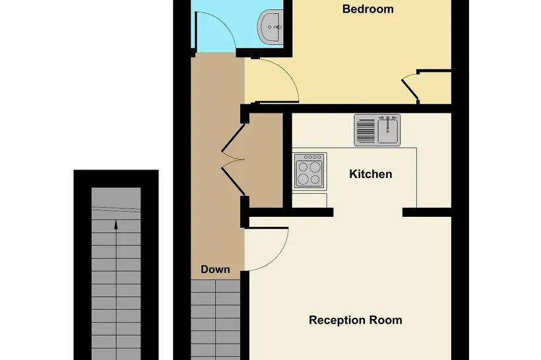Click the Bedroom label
[x=367, y=9]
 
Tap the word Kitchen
[x=371, y=174]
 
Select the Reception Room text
[x=356, y=320]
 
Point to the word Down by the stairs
[x=215, y=269]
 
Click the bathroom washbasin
[x=270, y=26]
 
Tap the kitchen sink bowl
[x=388, y=131]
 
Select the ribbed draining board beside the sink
[x=366, y=131]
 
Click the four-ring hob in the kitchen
[x=309, y=171]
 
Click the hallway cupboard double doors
[x=234, y=160]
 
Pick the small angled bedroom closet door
[x=410, y=88]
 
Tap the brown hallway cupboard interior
[x=264, y=160]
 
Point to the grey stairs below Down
[x=215, y=320]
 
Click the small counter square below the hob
[x=309, y=200]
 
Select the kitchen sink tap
[x=388, y=123]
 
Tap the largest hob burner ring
[x=315, y=167]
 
